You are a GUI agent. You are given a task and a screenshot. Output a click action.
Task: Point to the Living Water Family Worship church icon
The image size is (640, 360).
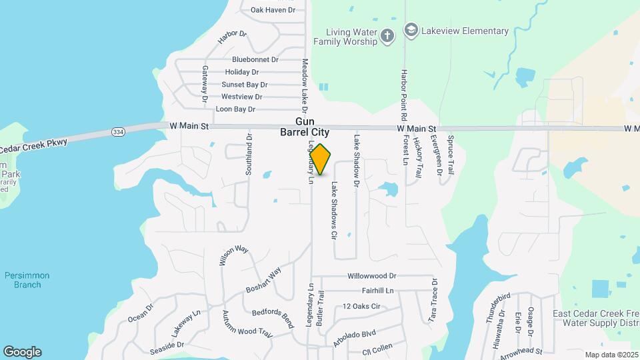click(389, 35)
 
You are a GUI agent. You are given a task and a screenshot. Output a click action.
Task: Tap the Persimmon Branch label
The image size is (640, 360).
click(27, 280)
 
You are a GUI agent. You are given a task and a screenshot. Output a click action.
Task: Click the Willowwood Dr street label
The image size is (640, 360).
click(371, 276)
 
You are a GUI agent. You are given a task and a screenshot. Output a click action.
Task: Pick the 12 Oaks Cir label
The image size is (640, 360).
click(361, 307)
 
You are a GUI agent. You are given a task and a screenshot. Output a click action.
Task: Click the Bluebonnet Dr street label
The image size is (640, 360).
click(254, 59)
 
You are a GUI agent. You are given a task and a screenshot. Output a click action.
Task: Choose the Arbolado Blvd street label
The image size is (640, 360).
click(355, 337)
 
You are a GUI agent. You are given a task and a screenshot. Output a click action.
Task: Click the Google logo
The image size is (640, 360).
click(22, 352)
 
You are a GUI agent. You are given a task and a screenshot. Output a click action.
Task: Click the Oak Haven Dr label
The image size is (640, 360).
click(273, 10)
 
